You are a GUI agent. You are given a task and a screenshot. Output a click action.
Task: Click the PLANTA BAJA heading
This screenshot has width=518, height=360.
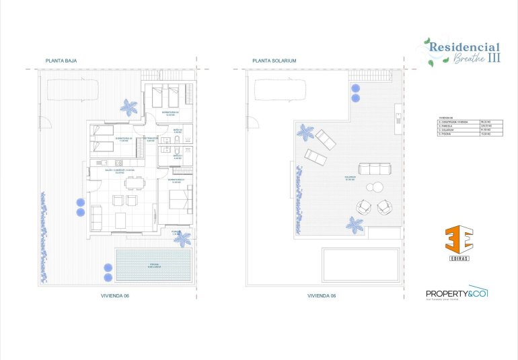[61, 61]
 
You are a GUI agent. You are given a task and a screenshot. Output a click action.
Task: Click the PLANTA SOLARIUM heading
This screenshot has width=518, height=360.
[274, 61]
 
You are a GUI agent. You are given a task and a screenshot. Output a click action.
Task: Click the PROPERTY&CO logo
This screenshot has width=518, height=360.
[457, 293]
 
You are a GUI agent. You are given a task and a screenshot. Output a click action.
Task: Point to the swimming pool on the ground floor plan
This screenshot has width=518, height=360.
[153, 264]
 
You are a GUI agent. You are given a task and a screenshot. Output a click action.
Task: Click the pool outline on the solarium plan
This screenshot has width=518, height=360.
[361, 264]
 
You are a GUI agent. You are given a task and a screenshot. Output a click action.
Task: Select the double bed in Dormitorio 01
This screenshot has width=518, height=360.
[180, 200]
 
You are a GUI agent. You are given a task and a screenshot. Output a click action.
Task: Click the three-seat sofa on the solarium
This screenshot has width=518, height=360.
[373, 169]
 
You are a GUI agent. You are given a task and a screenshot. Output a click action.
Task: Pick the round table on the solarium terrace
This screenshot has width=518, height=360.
[373, 188]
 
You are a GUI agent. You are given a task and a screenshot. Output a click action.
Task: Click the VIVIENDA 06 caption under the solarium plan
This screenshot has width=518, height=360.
[321, 296]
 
